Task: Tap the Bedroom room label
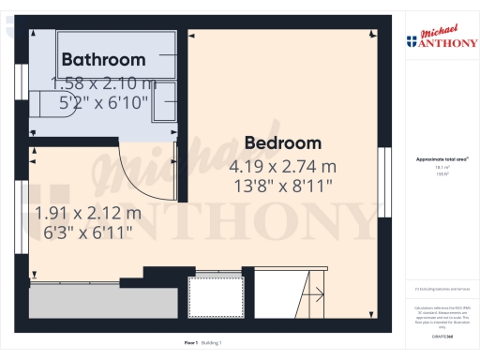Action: (x=282, y=143)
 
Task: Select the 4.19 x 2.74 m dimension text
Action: (x=282, y=166)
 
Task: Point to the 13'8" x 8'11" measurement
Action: (x=282, y=186)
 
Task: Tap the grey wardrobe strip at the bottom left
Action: (x=103, y=300)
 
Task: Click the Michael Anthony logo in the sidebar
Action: (x=441, y=37)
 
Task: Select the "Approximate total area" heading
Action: (x=441, y=159)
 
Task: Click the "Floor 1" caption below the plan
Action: (x=190, y=342)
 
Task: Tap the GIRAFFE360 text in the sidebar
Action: (x=441, y=335)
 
